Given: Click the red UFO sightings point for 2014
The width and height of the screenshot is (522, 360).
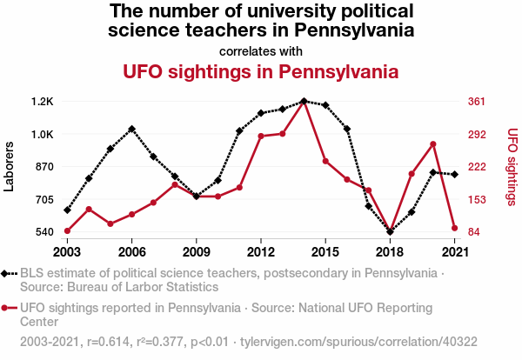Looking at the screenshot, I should [x=304, y=102].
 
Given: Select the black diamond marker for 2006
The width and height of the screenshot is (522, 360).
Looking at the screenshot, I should [x=131, y=129].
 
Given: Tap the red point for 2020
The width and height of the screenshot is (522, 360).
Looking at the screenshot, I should [x=432, y=144].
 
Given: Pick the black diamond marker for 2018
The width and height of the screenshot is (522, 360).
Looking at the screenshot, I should [x=390, y=232].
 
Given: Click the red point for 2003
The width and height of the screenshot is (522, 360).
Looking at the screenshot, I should [x=67, y=231].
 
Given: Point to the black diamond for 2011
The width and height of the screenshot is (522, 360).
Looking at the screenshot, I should [x=239, y=131].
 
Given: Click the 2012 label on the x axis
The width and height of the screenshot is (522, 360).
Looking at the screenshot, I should [x=261, y=251].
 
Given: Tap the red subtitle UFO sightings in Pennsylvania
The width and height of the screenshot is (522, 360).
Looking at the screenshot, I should [x=261, y=70].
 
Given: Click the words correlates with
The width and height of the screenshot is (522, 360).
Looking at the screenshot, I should [x=261, y=50].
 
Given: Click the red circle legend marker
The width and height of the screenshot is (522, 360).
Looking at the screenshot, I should [x=7, y=307].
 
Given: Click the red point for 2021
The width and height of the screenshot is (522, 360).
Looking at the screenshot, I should [x=454, y=229].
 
